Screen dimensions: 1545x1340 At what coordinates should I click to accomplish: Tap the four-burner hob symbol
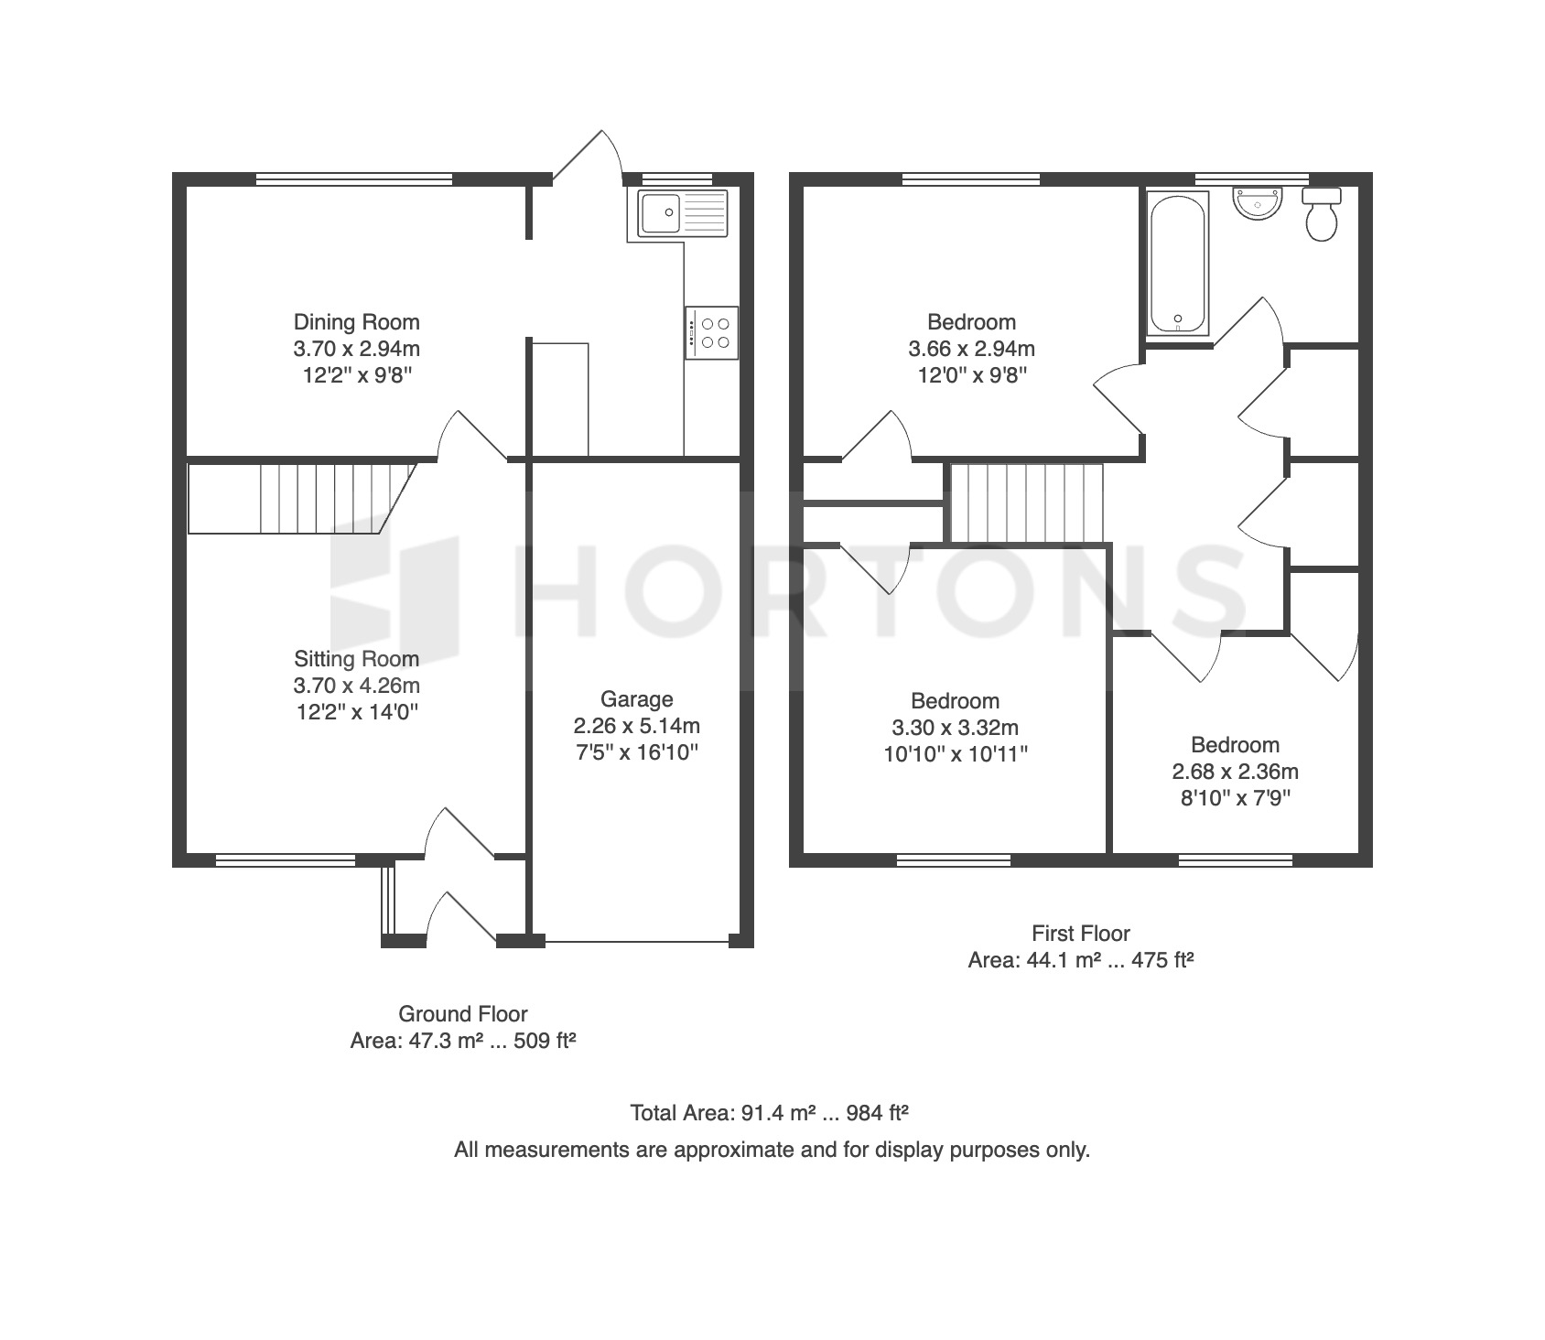click(710, 332)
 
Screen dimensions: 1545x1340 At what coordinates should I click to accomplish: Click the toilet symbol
click(1321, 214)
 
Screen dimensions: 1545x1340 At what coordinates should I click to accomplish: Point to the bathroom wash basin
click(1259, 203)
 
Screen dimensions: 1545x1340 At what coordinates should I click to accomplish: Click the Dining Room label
click(356, 322)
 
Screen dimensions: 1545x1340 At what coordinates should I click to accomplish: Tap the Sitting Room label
click(356, 659)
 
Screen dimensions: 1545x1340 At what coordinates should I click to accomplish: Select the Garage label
click(636, 699)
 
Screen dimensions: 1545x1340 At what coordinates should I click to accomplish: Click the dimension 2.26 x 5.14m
click(636, 726)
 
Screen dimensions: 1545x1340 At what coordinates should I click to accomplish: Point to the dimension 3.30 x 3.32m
click(955, 728)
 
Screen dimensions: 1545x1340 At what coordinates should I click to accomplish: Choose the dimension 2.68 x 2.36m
click(1235, 772)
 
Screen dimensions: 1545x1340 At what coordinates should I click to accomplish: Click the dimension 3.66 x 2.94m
click(971, 349)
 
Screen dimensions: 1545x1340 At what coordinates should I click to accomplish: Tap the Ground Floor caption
click(463, 1014)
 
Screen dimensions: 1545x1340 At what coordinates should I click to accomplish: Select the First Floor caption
click(1081, 934)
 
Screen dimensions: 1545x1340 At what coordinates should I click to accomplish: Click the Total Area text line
click(769, 1113)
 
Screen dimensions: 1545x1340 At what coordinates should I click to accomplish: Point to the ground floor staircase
click(302, 498)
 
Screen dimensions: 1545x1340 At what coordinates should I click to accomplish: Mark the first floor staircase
click(1027, 502)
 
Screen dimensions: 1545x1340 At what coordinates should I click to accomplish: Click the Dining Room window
click(354, 179)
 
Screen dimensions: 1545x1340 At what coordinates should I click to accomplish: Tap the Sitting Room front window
click(285, 859)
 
